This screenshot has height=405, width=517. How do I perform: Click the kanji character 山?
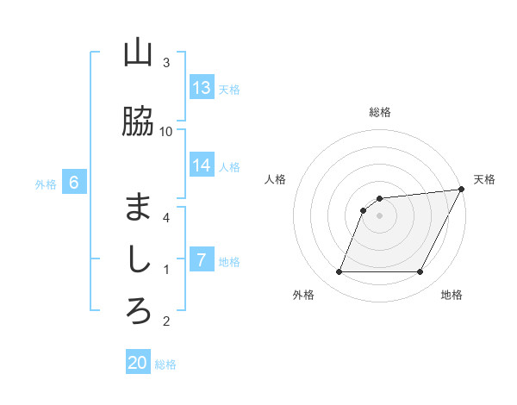(138, 53)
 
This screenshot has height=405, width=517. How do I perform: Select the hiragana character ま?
(138, 208)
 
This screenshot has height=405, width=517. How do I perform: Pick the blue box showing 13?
(202, 88)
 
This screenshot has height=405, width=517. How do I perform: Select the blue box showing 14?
(202, 165)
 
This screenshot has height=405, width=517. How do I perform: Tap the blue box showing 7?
(202, 260)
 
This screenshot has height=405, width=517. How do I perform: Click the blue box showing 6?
(74, 183)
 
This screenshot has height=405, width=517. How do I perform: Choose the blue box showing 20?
(138, 363)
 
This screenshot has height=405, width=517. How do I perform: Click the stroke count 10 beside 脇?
(166, 131)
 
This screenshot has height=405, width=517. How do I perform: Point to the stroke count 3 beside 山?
(166, 63)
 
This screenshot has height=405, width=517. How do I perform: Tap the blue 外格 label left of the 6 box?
(46, 184)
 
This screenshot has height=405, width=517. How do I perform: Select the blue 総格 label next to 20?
(165, 364)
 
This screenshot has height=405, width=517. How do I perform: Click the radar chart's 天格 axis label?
(484, 179)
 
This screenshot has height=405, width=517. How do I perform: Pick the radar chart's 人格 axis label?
(275, 179)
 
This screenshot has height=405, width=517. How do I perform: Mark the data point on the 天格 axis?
(462, 190)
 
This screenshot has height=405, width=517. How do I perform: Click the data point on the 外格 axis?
(339, 272)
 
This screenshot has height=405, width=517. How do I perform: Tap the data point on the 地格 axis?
(420, 272)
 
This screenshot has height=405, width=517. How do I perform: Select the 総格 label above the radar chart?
(380, 112)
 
